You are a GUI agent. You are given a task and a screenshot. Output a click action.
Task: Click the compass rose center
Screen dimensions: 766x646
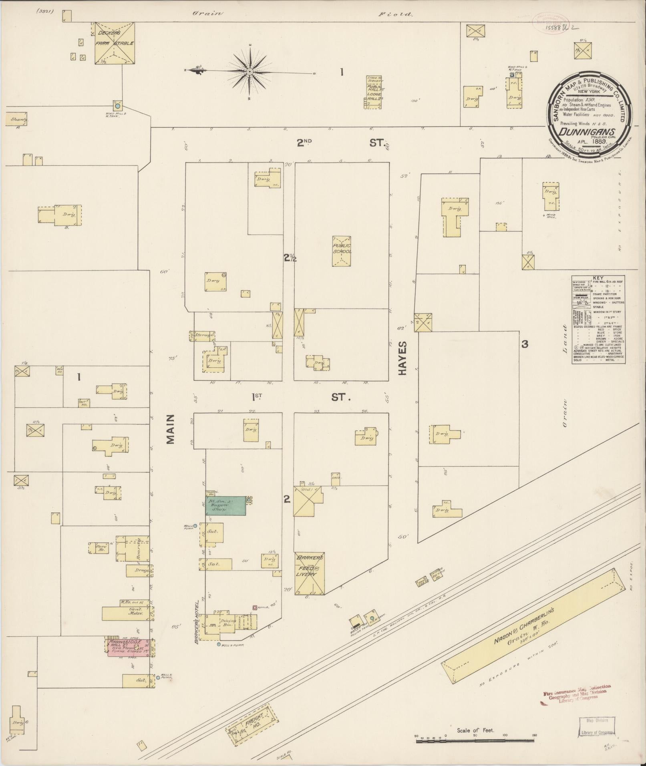click(x=250, y=72)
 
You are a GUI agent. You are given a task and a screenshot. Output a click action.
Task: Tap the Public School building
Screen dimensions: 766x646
click(x=342, y=251)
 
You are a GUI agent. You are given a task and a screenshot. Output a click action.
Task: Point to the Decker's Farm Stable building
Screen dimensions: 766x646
click(x=114, y=43)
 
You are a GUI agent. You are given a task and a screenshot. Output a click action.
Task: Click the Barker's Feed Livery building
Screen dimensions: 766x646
click(x=309, y=573)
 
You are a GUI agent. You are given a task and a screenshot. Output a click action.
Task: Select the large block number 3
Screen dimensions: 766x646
click(x=525, y=344)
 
